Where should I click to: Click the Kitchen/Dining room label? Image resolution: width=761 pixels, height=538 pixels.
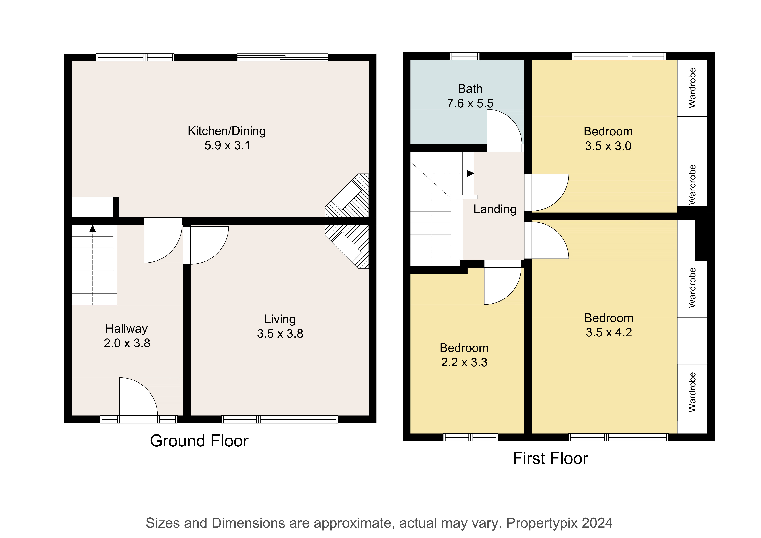227,131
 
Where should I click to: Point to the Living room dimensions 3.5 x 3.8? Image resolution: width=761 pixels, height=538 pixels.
280,333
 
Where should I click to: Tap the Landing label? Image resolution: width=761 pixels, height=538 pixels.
495,209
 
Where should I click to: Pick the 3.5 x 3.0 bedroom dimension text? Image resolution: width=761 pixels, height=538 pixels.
608,146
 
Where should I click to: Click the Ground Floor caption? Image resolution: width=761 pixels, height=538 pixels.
199,441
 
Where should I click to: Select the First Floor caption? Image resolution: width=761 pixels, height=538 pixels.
550,458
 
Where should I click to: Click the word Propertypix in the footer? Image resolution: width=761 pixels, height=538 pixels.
542,523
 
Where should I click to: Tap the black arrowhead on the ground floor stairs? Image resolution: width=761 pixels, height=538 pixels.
92,229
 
